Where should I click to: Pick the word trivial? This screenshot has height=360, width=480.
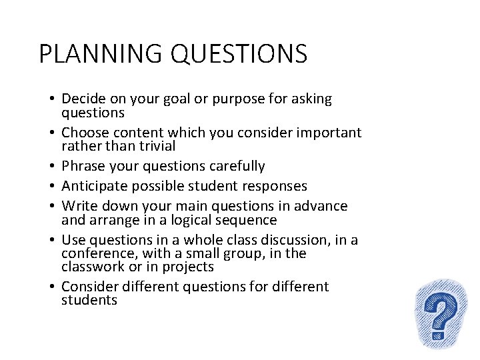tap(153, 146)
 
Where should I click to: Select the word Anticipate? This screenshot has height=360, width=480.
tap(93, 186)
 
